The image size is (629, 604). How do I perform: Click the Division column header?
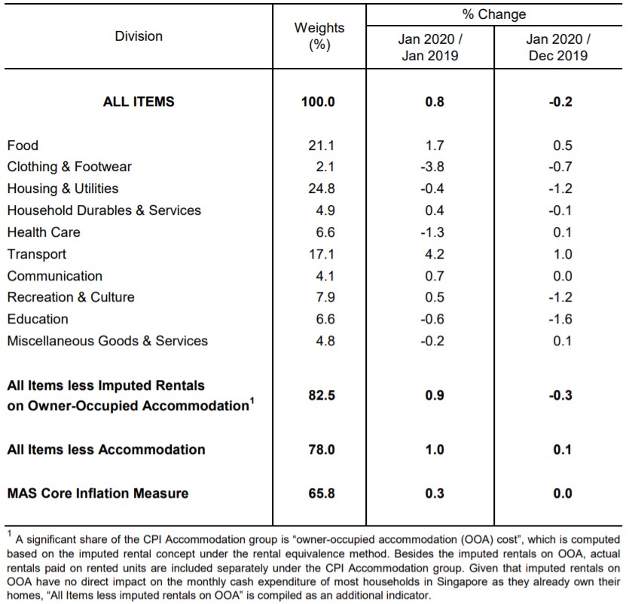pyautogui.click(x=139, y=36)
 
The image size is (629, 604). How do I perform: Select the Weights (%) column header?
pyautogui.click(x=319, y=36)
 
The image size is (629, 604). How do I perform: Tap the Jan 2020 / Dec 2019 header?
pyautogui.click(x=558, y=48)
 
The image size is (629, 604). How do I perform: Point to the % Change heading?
pyautogui.click(x=494, y=14)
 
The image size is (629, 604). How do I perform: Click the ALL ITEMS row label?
pyautogui.click(x=139, y=102)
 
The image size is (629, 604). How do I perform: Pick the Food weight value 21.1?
pyautogui.click(x=322, y=146)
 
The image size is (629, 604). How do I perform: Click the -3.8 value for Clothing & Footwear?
pyautogui.click(x=432, y=167)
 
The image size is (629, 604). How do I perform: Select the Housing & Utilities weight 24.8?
pyautogui.click(x=322, y=189)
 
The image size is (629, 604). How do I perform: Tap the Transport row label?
pyautogui.click(x=36, y=254)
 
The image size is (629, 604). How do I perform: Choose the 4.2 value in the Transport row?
pyautogui.click(x=435, y=254)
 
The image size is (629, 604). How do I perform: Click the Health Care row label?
pyautogui.click(x=44, y=232)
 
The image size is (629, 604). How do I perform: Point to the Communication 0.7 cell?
pyautogui.click(x=435, y=276)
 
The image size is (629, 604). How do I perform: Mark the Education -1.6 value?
pyautogui.click(x=560, y=319)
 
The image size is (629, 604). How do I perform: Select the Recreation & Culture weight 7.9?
pyautogui.click(x=325, y=297)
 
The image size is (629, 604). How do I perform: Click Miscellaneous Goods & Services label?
pyautogui.click(x=108, y=341)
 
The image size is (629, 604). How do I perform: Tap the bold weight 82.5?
pyautogui.click(x=322, y=395)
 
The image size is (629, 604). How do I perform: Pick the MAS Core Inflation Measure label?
pyautogui.click(x=98, y=493)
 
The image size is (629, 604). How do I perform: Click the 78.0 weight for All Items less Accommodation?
pyautogui.click(x=322, y=449)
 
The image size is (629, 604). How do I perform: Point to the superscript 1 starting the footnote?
pyautogui.click(x=10, y=534)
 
